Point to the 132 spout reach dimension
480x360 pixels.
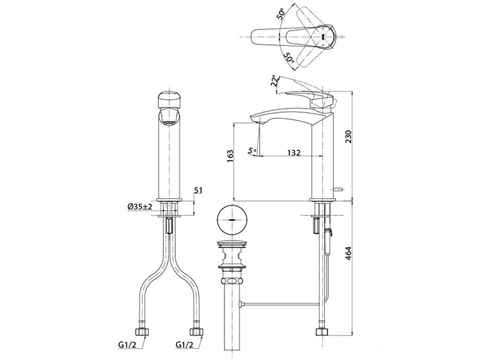tap(294, 152)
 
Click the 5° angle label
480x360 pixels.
tap(253, 151)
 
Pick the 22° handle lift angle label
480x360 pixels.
tap(275, 80)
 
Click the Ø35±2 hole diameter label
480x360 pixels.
tap(140, 206)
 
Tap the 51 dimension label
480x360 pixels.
tap(199, 190)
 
